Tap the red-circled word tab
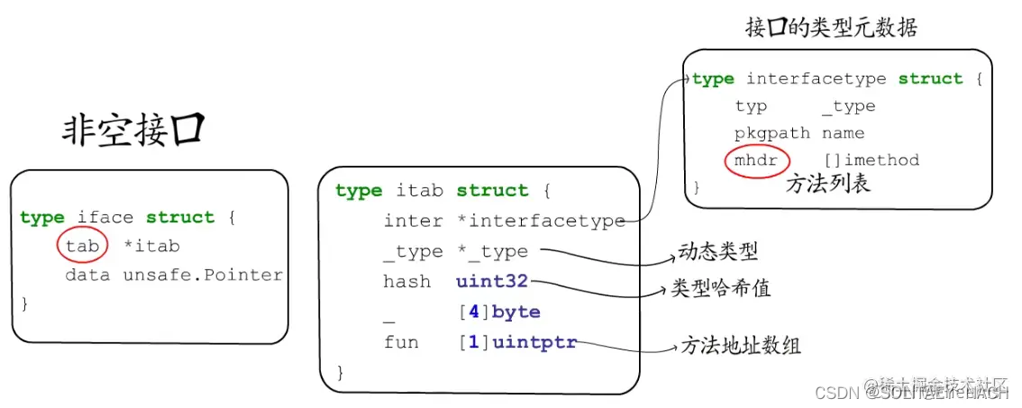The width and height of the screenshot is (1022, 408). pyautogui.click(x=82, y=246)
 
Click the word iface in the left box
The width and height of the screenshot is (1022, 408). pyautogui.click(x=106, y=217)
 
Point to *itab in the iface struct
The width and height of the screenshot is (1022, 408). pyautogui.click(x=151, y=246)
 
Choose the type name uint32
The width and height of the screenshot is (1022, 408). pyautogui.click(x=492, y=282)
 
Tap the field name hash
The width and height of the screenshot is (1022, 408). pyautogui.click(x=407, y=282)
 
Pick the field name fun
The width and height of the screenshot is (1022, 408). pyautogui.click(x=401, y=342)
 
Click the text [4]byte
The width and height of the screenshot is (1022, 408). pyautogui.click(x=498, y=313)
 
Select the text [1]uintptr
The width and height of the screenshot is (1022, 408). pyautogui.click(x=516, y=342)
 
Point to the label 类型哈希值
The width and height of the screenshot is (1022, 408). pyautogui.click(x=721, y=289)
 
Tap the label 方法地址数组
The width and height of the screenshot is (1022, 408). pyautogui.click(x=741, y=345)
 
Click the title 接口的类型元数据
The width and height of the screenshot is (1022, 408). pyautogui.click(x=831, y=28)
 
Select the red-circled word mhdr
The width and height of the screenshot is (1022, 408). pyautogui.click(x=756, y=160)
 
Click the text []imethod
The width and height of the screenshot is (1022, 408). pyautogui.click(x=871, y=160)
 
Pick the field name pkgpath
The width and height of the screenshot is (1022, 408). pyautogui.click(x=772, y=133)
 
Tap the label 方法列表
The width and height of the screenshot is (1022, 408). pyautogui.click(x=828, y=184)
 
